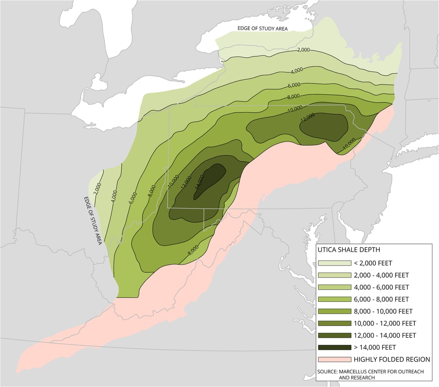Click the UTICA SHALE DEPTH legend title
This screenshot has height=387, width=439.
[349, 250]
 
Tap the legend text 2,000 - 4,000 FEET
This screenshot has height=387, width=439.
[381, 275]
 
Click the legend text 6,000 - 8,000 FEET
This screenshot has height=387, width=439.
[381, 299]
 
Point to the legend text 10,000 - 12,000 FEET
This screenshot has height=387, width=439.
[384, 323]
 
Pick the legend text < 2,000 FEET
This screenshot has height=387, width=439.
[372, 263]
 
